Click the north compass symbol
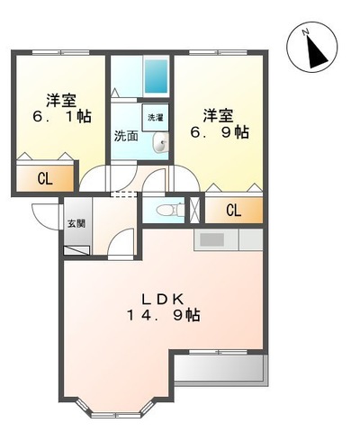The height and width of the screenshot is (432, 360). pyautogui.click(x=312, y=48)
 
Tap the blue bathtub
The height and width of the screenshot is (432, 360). pyautogui.click(x=157, y=78)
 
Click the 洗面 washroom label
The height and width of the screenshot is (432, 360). pyautogui.click(x=125, y=137)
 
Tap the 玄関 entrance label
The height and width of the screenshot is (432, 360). pyautogui.click(x=76, y=224)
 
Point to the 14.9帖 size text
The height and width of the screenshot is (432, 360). pyautogui.click(x=164, y=316)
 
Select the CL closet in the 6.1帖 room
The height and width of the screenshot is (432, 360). pyautogui.click(x=45, y=178)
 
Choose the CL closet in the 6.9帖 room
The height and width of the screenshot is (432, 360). pyautogui.click(x=233, y=211)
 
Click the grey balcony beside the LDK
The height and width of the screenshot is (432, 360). pyautogui.click(x=220, y=369)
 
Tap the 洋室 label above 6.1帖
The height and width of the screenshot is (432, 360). pyautogui.click(x=61, y=99)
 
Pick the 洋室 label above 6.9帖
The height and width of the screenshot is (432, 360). pyautogui.click(x=219, y=114)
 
